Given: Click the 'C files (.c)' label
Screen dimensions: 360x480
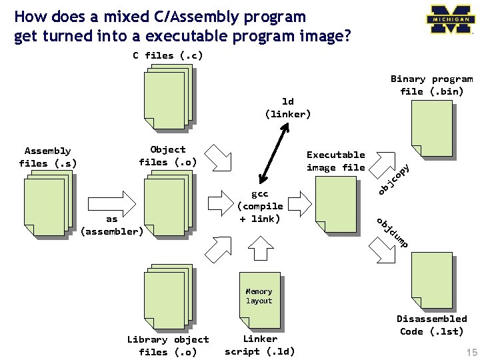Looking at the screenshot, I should coord(167,55).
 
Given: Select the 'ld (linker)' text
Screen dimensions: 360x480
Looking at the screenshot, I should coord(288,107).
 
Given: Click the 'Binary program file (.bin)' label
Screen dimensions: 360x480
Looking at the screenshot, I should coord(431,85).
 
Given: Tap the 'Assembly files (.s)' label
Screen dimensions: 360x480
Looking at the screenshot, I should coord(47,157).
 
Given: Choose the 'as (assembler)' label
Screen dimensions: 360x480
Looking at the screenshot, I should coord(111,225).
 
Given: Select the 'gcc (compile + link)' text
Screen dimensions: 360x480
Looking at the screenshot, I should coord(260,206).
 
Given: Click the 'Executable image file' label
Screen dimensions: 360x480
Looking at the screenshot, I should coord(335,161).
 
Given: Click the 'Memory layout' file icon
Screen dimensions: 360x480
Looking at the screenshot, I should coord(259,296).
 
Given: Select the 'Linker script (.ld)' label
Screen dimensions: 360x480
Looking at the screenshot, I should coord(259,345).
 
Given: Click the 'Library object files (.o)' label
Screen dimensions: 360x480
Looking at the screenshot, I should coord(168,345).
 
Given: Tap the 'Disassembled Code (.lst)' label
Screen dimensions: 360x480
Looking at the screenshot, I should coord(431,325).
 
